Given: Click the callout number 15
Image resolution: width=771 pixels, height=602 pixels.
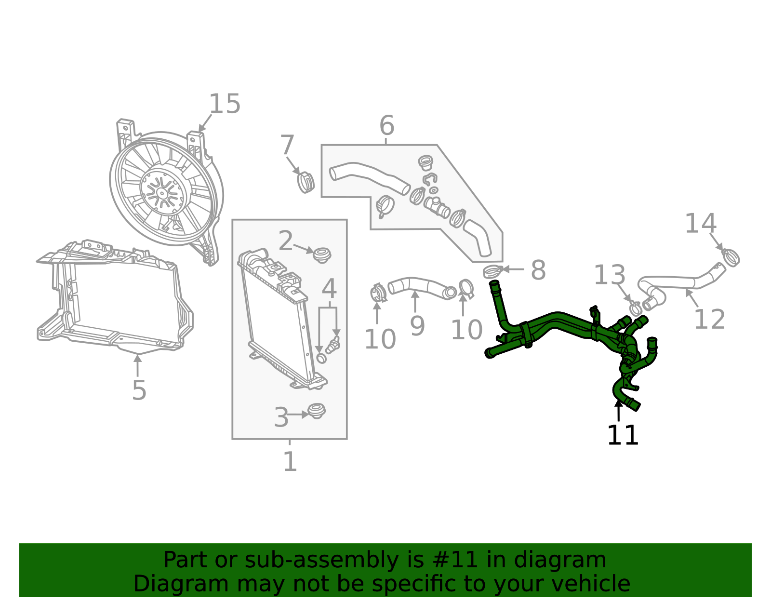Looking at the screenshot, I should tap(225, 104).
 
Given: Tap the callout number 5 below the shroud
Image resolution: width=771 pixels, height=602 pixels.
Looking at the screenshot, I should tap(139, 390).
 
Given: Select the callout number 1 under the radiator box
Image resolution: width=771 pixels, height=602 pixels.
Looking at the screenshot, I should tap(290, 462).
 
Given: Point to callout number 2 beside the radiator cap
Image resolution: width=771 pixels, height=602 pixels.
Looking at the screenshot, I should tap(286, 241).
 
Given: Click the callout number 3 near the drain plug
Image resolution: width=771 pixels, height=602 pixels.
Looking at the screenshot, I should tap(281, 417).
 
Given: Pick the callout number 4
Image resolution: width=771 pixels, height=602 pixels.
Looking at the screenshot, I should tap(329, 289).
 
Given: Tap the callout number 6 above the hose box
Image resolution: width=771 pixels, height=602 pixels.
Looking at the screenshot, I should tap(386, 126).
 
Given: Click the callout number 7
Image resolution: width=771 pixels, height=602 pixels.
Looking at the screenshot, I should tap(287, 145).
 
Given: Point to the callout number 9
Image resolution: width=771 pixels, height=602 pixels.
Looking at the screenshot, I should tap(417, 326).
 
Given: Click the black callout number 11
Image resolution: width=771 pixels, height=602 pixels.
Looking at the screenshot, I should tap(623, 436).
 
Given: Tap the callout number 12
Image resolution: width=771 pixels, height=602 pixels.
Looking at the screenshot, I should tap(709, 320).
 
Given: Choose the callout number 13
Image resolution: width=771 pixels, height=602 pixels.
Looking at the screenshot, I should tap(610, 275).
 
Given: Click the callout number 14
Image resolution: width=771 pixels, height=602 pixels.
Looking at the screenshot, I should tap(701, 224).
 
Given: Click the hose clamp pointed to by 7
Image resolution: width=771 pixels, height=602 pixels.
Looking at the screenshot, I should tap(305, 182).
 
